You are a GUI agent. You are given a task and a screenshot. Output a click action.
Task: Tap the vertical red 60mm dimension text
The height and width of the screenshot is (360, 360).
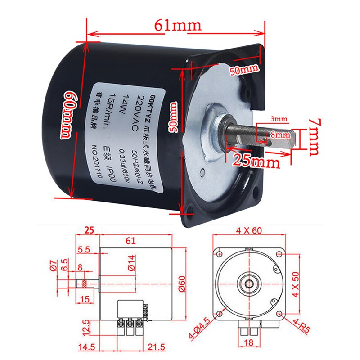(66, 114)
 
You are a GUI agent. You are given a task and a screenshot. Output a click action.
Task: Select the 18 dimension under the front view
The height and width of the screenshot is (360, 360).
(249, 343)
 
